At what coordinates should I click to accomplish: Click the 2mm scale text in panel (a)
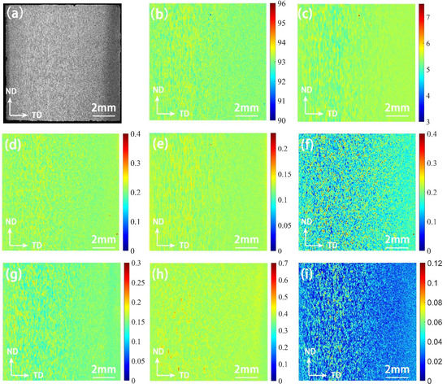point(102,108)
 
